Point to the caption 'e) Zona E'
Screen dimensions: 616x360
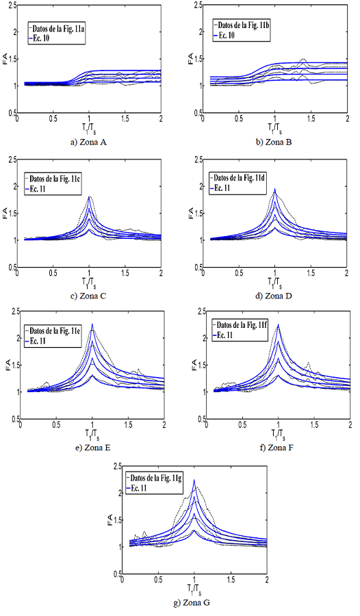tap(93, 447)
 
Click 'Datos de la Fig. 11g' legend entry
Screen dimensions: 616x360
tap(162, 478)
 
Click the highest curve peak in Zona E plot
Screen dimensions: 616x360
tap(92, 324)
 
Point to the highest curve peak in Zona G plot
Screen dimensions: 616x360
tap(194, 480)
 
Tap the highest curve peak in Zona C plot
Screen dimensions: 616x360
tap(89, 197)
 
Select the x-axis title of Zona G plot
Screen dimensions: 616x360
tap(194, 587)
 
